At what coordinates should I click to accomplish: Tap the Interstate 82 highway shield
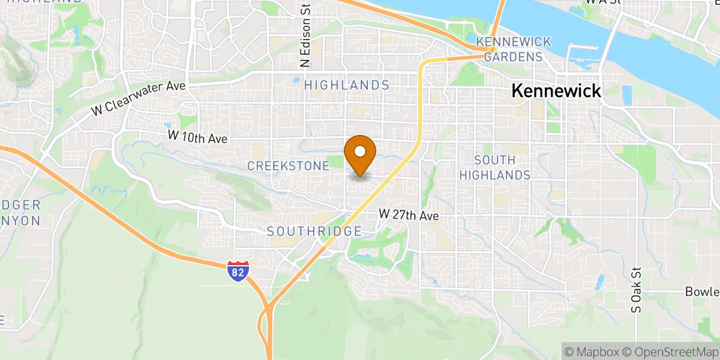(x=238, y=271)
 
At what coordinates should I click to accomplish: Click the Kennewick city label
(x=556, y=91)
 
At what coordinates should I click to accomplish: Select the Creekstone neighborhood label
(x=288, y=166)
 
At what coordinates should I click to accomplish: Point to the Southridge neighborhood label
(x=314, y=231)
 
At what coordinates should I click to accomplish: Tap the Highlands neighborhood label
(x=347, y=86)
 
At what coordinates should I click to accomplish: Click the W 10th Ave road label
(x=197, y=137)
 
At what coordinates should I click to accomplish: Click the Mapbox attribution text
(x=590, y=351)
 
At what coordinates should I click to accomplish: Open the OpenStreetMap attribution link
(x=669, y=351)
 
